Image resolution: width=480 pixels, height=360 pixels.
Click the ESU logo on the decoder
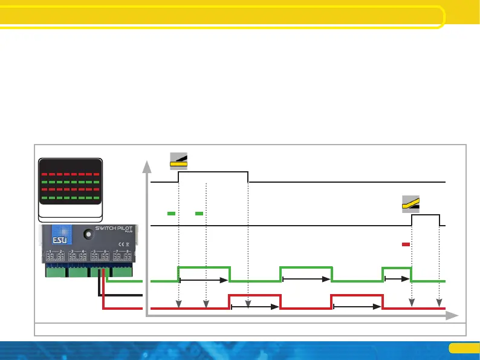61,235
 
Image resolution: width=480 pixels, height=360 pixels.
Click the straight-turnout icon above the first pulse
178,160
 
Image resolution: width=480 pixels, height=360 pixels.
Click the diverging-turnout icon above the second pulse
412,204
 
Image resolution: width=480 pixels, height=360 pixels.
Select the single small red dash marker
406,244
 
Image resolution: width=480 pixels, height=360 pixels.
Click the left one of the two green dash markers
171,214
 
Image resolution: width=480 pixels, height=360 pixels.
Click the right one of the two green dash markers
199,214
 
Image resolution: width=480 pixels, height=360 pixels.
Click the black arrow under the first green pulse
204,280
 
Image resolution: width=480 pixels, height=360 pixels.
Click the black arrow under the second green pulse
306,280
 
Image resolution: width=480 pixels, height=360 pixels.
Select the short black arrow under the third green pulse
397,280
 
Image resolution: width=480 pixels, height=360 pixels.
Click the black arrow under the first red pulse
255,307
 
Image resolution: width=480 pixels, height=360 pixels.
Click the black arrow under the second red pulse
357,307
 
